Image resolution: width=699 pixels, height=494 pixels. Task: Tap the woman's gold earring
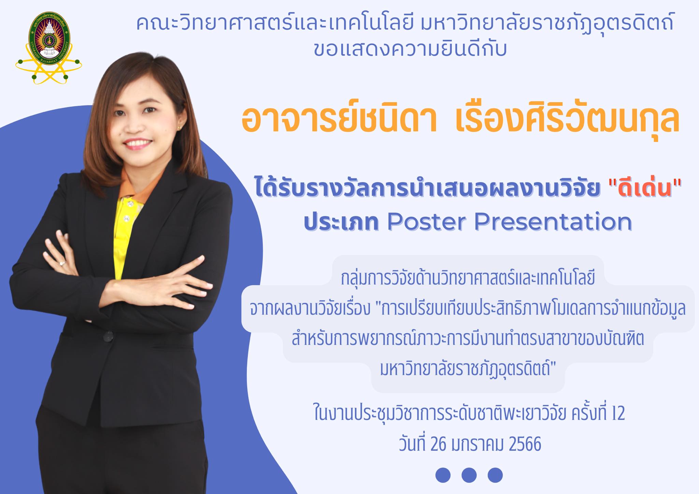(179, 127)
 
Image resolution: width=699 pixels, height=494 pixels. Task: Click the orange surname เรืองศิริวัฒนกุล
(567, 118)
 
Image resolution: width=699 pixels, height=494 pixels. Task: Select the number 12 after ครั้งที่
(618, 413)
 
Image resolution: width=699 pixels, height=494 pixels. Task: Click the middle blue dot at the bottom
(469, 475)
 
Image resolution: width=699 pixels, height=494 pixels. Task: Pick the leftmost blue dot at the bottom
(443, 475)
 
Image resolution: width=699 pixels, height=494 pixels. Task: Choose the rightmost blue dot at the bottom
(495, 475)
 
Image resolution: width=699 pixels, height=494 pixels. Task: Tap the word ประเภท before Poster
(341, 222)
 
